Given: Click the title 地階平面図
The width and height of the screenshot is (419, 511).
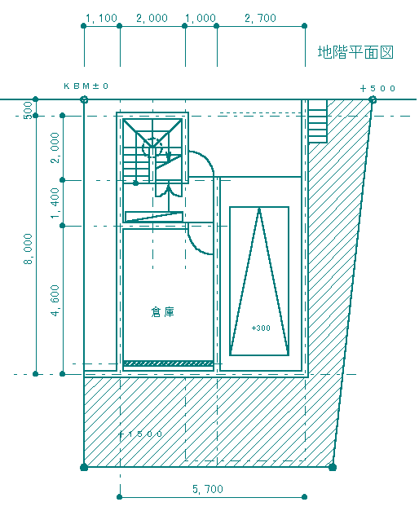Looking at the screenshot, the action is click(355, 52).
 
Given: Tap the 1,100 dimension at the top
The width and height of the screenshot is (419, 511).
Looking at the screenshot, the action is click(101, 18).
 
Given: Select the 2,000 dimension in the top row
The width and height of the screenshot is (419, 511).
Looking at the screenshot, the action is click(152, 18).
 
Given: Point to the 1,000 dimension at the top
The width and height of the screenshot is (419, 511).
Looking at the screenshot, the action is click(201, 18).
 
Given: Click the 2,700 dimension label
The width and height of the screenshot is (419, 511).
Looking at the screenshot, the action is click(261, 18).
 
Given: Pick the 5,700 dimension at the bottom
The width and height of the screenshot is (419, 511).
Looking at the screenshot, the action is click(208, 489).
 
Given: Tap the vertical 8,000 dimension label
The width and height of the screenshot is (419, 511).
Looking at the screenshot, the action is click(29, 249).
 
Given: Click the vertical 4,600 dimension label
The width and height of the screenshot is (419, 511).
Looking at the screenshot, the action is click(55, 301).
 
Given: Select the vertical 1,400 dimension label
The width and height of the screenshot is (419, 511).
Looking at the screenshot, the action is click(55, 203).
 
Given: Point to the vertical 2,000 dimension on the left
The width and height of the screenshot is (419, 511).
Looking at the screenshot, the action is click(55, 148).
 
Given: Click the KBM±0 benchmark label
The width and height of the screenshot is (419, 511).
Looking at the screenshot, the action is click(86, 86).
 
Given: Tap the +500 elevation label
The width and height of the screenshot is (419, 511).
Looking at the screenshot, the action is click(378, 88).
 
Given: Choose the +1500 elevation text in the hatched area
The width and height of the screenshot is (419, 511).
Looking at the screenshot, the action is click(140, 434).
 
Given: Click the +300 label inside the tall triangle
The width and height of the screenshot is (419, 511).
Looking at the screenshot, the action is click(261, 328).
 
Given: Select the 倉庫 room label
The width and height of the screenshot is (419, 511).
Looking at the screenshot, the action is click(163, 312).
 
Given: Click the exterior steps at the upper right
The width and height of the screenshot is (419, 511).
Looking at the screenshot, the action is click(318, 121).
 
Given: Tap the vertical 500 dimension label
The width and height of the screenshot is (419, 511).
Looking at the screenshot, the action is click(29, 110).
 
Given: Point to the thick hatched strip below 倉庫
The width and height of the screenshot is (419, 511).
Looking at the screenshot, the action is click(168, 363).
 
